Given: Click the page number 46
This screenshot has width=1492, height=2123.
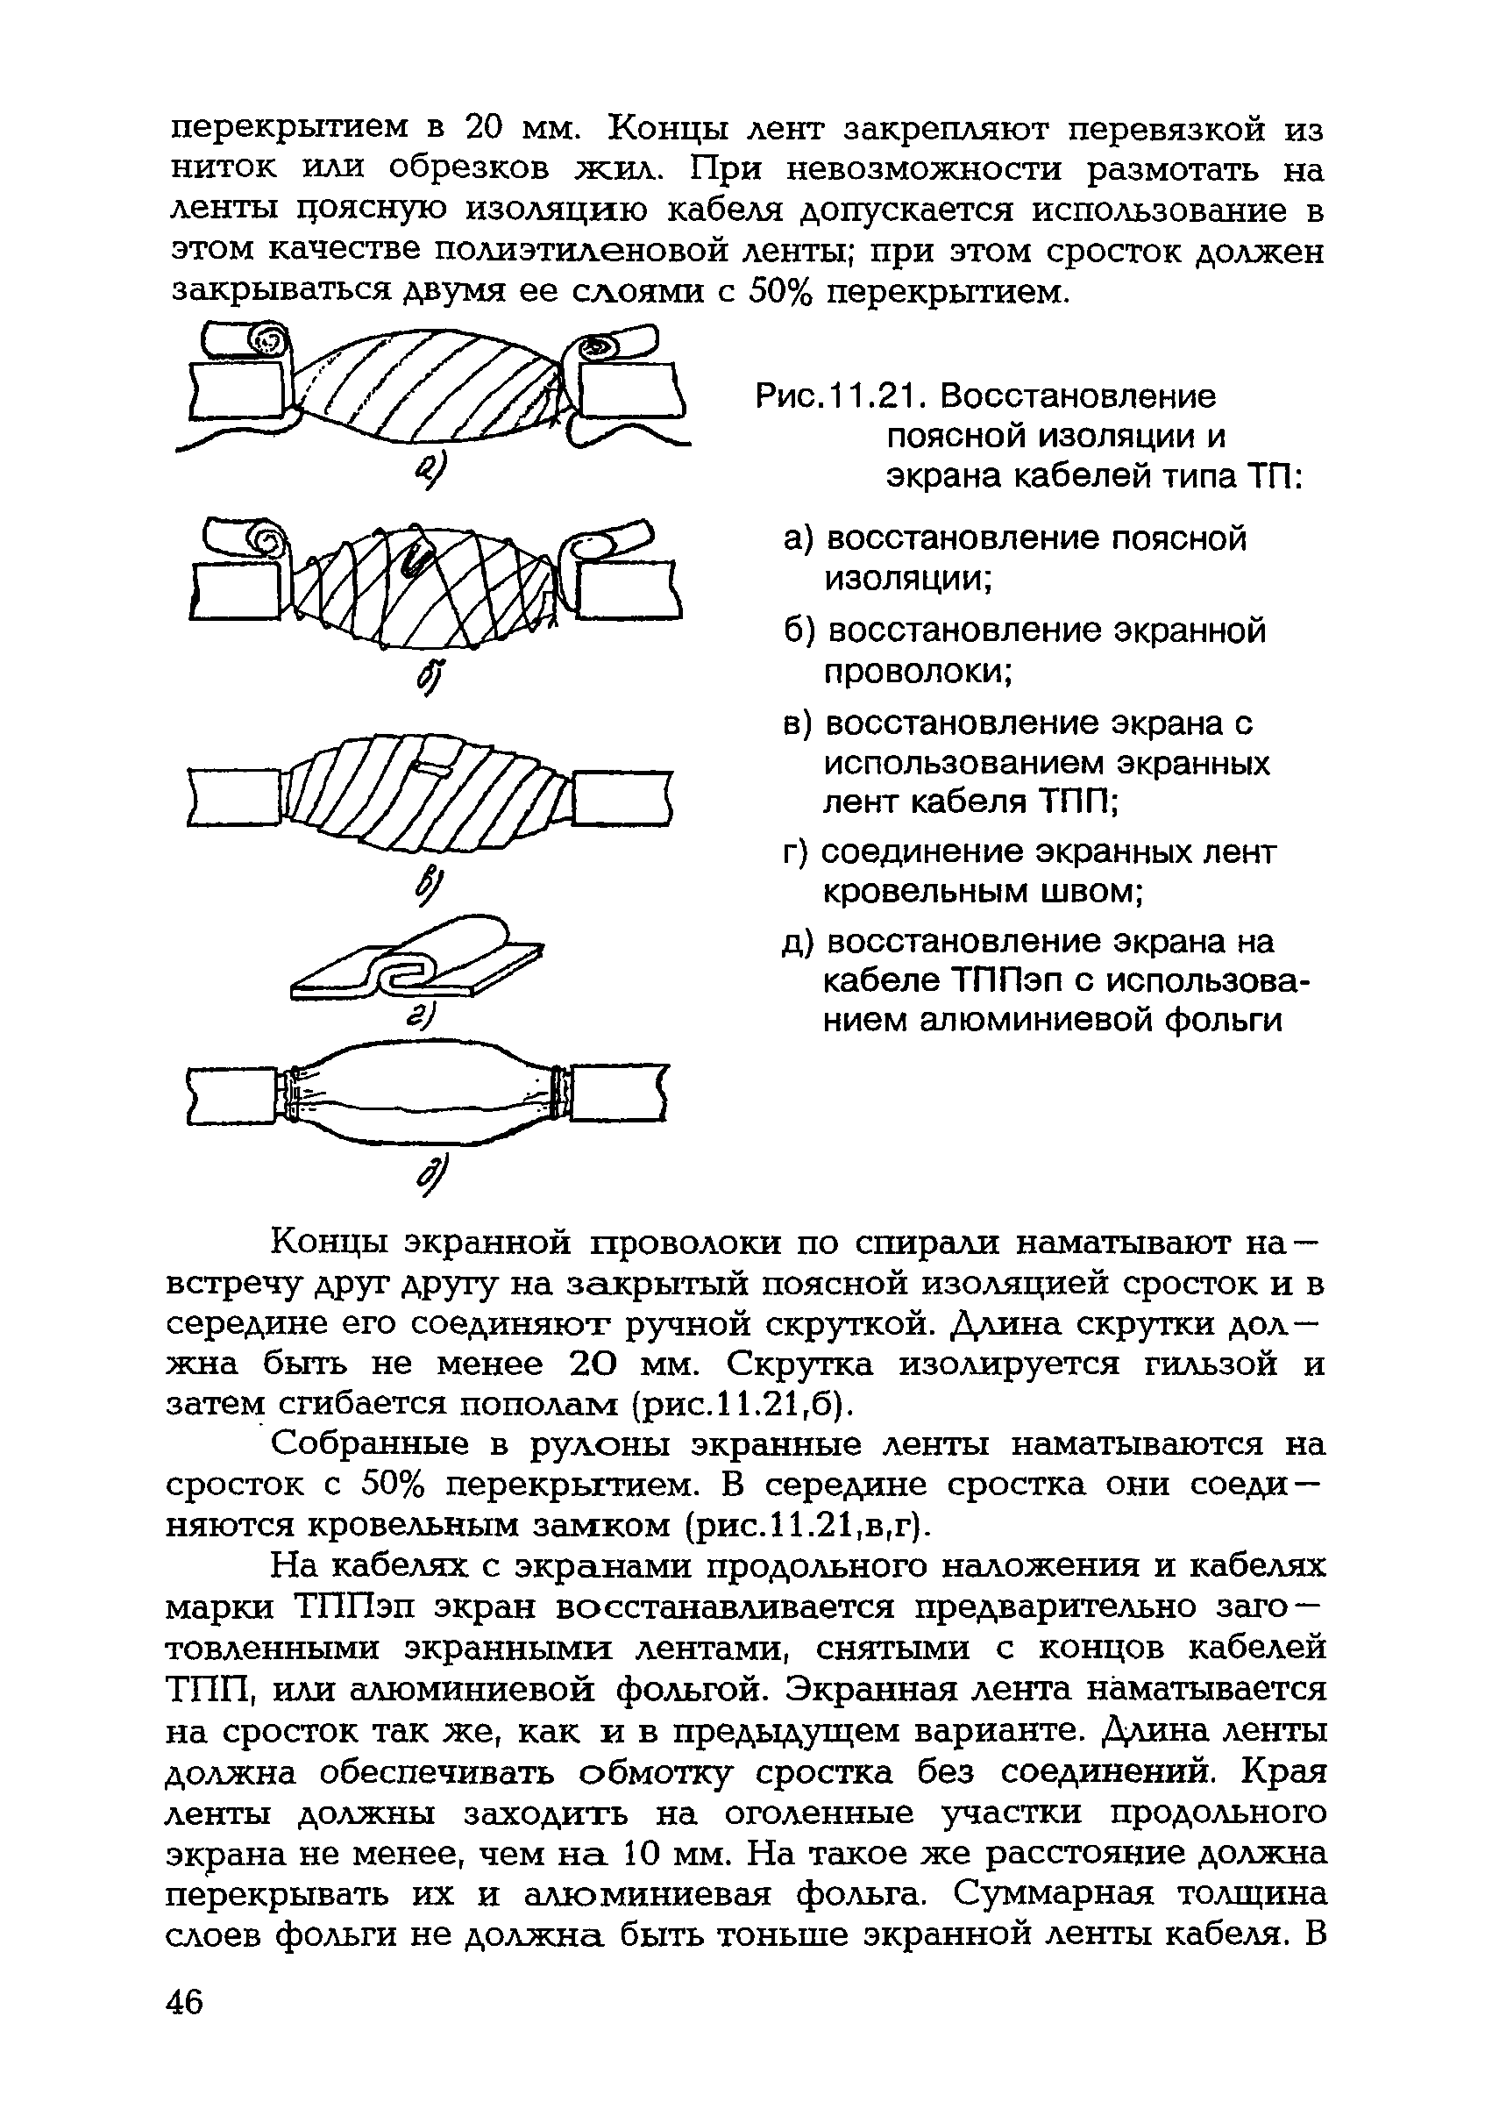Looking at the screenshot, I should (x=185, y=2002).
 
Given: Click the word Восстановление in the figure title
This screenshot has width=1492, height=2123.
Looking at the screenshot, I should (x=1078, y=396).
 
